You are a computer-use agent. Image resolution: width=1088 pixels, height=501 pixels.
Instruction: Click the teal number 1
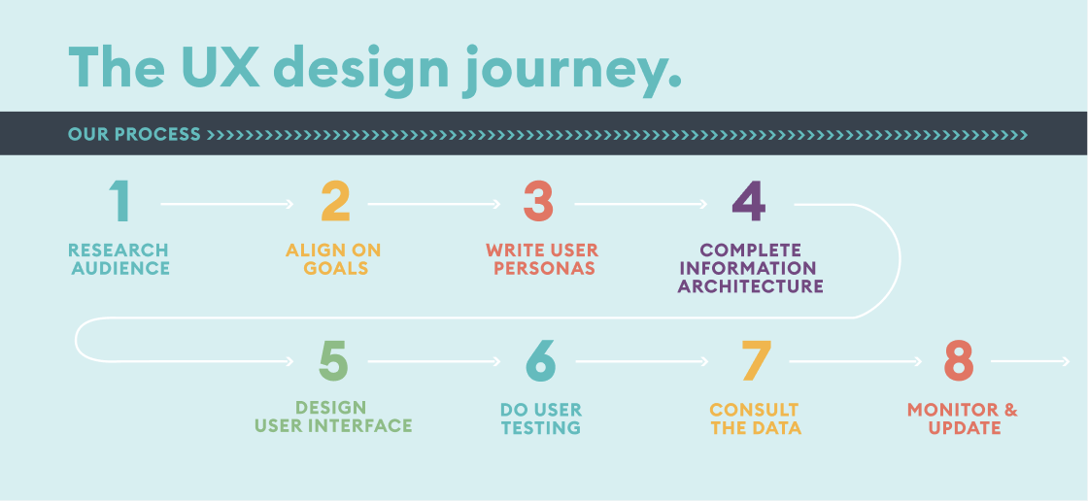119,202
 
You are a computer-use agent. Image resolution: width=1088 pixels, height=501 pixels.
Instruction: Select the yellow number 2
335,202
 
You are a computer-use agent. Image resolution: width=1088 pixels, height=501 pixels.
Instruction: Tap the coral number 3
538,202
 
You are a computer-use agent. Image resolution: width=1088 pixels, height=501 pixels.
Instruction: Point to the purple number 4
748,202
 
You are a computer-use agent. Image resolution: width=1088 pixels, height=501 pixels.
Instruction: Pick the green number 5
333,360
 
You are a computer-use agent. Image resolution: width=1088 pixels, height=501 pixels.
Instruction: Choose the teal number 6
541,360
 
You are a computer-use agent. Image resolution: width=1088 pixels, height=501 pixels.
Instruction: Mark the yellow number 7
756,360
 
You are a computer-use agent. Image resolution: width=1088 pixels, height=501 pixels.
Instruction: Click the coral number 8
958,360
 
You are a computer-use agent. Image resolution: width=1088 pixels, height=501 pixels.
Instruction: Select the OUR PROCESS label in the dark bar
134,134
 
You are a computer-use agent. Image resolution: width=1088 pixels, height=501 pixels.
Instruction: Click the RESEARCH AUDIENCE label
119,259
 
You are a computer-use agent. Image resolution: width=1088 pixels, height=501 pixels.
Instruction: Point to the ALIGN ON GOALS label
333,259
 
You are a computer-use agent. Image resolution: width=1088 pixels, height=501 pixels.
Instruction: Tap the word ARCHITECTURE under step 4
750,286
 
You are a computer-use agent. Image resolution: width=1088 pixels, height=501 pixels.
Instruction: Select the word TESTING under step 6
541,427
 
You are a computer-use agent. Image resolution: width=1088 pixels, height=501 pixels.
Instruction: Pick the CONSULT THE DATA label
755,418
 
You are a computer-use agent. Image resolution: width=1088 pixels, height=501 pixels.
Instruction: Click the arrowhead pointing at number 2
289,204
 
